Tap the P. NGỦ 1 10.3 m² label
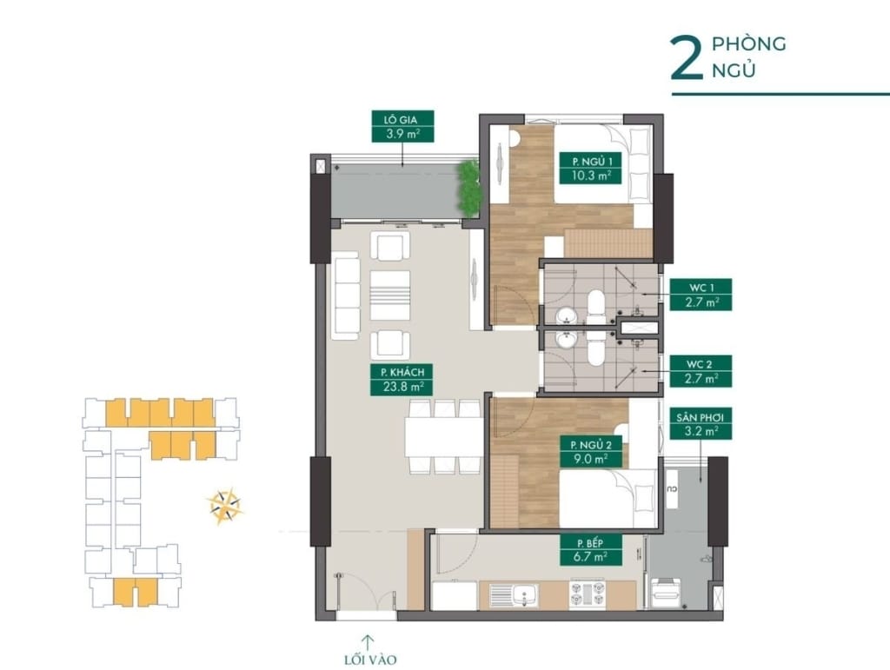585,167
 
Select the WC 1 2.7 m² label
700,295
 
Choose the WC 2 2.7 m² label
700,370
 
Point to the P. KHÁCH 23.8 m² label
401,380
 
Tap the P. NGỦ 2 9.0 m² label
585,451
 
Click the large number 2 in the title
686,58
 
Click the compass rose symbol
225,506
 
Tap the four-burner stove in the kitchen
588,595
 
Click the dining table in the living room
443,437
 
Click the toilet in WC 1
596,306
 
